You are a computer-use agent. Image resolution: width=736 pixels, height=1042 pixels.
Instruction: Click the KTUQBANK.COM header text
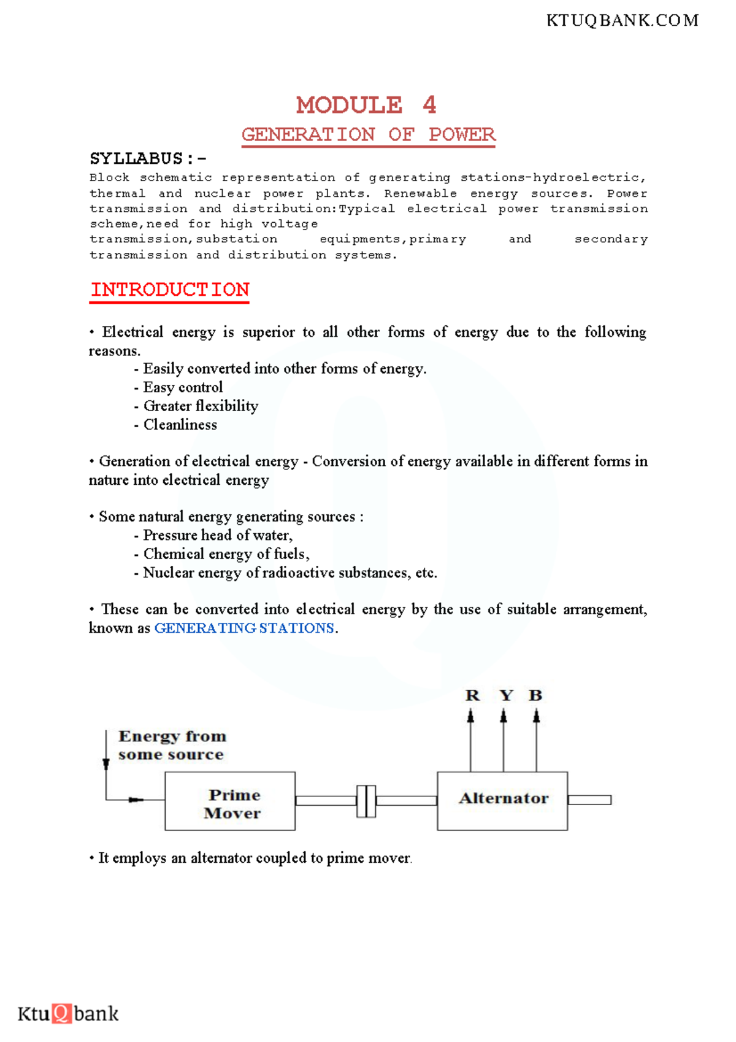pyautogui.click(x=622, y=21)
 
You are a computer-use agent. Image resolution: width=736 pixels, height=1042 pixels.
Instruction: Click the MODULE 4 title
pyautogui.click(x=366, y=105)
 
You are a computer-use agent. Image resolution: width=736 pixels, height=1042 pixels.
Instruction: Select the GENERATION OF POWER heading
pyautogui.click(x=368, y=134)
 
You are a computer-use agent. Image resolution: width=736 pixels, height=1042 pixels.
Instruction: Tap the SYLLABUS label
pyautogui.click(x=136, y=159)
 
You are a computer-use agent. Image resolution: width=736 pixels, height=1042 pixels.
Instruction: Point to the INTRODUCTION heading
pyautogui.click(x=170, y=290)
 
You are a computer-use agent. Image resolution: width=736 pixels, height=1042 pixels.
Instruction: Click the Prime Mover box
pyautogui.click(x=230, y=801)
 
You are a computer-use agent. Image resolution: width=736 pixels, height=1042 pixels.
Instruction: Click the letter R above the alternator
pyautogui.click(x=472, y=695)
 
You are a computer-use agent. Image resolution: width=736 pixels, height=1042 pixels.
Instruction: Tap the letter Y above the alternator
pyautogui.click(x=505, y=695)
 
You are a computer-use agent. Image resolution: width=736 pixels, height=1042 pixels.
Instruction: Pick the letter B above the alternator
pyautogui.click(x=535, y=695)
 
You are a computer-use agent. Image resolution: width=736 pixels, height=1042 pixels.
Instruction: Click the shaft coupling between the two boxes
pyautogui.click(x=366, y=801)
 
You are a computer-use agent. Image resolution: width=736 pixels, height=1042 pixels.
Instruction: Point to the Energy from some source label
pyautogui.click(x=172, y=745)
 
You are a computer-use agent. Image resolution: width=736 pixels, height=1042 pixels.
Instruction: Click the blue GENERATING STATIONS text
pyautogui.click(x=244, y=628)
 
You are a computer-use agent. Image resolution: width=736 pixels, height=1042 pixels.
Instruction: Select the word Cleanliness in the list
pyautogui.click(x=180, y=425)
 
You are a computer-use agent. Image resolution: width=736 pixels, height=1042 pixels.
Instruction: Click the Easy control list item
pyautogui.click(x=183, y=387)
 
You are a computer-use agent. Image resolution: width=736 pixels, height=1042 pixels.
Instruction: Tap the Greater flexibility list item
pyautogui.click(x=201, y=406)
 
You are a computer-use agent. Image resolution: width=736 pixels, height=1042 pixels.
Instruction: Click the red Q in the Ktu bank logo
pyautogui.click(x=62, y=1013)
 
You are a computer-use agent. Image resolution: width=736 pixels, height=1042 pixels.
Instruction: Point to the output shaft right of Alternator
pyautogui.click(x=589, y=800)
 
